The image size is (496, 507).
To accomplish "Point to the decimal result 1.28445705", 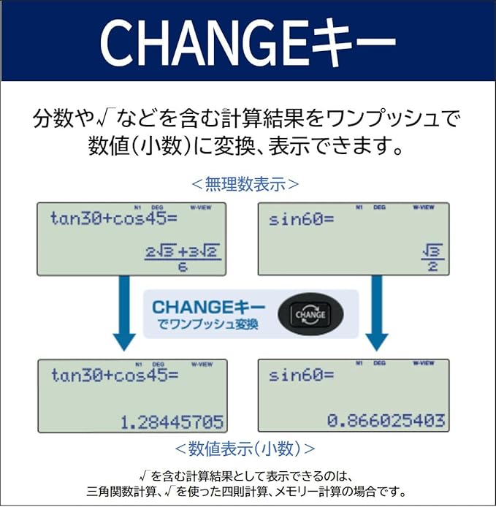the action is coord(173,422).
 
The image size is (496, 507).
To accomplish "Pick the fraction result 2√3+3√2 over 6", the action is coord(183,259).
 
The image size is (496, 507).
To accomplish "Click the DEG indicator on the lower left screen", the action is coord(158,363).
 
